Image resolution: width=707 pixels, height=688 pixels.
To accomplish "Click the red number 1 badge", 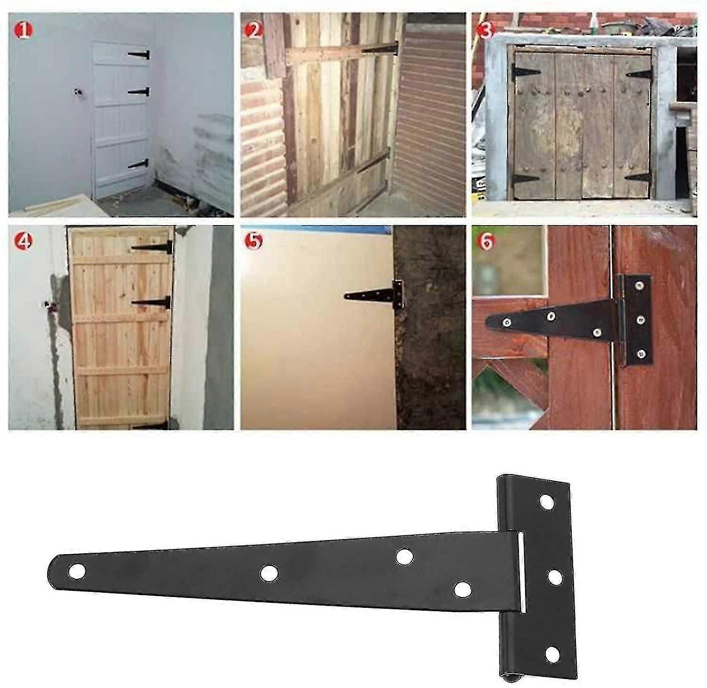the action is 25,31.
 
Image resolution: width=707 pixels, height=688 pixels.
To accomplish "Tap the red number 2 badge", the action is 255,31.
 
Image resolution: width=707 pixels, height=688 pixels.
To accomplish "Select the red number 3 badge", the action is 485,31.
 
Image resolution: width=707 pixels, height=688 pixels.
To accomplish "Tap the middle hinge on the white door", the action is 139,91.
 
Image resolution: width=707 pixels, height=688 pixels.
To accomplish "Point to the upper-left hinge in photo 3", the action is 526,73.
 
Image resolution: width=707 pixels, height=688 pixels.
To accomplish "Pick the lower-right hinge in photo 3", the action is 639,178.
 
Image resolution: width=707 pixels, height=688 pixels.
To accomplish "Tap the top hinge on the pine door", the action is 152,247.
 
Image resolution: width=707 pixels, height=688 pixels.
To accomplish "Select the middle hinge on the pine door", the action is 151,302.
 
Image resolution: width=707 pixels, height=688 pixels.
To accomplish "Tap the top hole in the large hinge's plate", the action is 547,501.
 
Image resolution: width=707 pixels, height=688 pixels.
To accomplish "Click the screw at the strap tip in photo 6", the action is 507,322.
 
